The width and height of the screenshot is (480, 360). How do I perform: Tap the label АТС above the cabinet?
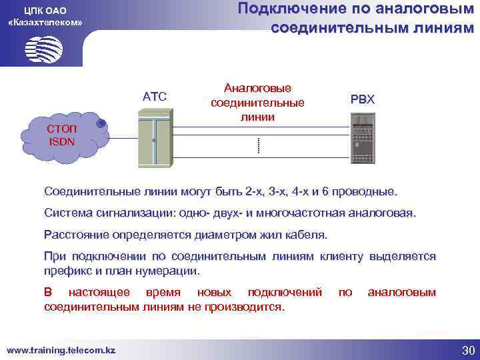tap(155, 98)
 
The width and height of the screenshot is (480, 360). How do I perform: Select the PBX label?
tap(363, 99)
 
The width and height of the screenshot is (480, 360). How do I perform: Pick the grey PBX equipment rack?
tap(363, 140)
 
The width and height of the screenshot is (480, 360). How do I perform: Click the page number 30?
tap(467, 351)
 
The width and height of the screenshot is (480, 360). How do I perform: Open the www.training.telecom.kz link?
tap(61, 350)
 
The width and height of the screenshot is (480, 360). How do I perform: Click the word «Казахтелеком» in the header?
tap(45, 22)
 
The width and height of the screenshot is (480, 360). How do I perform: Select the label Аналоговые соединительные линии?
tap(257, 103)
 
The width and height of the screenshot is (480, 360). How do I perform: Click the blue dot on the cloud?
tap(101, 123)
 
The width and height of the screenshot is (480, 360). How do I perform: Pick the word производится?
tap(249, 307)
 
